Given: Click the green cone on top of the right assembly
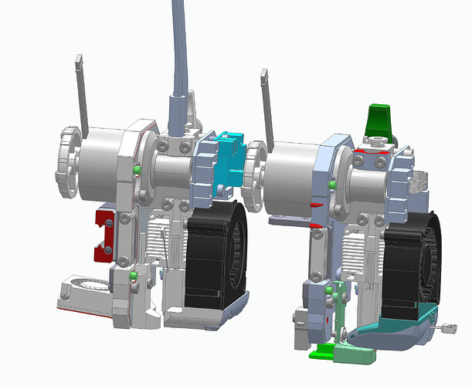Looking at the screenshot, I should [x=379, y=119].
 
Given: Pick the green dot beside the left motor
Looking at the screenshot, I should [x=137, y=169].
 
